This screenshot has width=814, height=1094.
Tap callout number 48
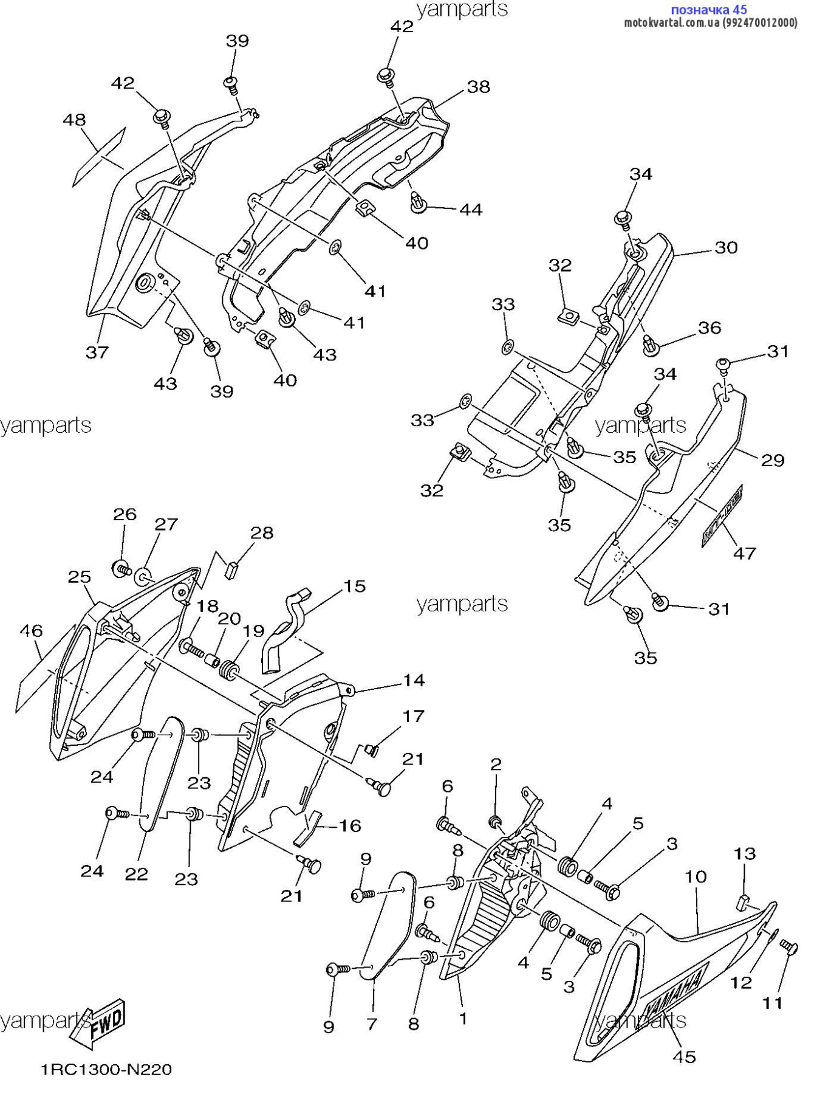pos(74,120)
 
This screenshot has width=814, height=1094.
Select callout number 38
pos(478,87)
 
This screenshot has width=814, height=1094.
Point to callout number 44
pos(471,210)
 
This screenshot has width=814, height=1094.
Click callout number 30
pos(726,247)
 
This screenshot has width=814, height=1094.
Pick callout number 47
pos(745,553)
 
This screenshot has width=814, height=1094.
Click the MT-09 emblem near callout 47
pos(722,515)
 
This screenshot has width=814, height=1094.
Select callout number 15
pos(355,586)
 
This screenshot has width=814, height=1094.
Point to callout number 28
pos(262,533)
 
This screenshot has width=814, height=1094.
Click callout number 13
pos(744,854)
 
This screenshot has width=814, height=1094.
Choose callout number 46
pos(31,631)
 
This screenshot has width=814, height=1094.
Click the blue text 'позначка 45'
pos(708,10)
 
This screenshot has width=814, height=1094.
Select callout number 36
pos(710,328)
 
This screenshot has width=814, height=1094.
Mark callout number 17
pos(413,717)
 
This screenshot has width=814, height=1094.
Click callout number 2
pos(496,764)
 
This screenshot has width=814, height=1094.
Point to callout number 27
pos(166,525)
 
